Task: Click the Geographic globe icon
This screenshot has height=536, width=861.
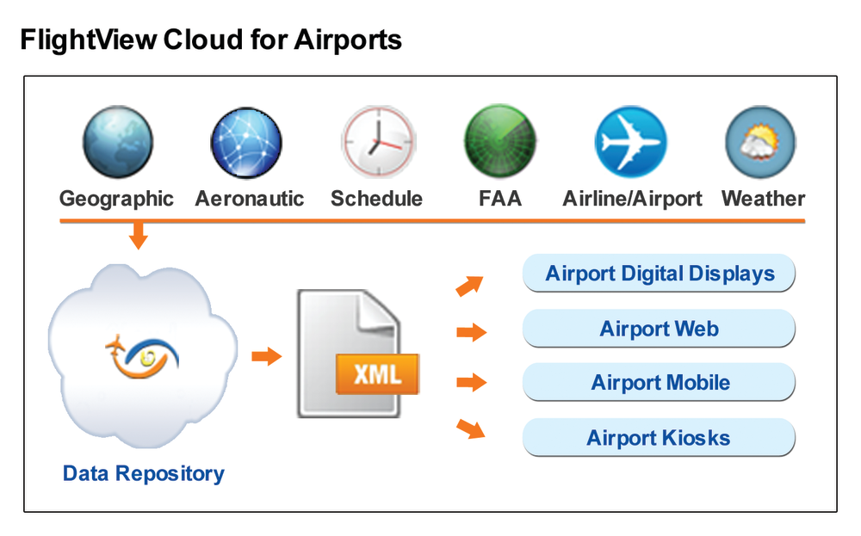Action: tap(117, 142)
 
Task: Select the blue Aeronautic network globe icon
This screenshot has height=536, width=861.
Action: tap(246, 142)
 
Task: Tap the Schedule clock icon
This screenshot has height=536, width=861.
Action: tap(378, 142)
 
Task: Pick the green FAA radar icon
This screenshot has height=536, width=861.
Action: tap(499, 141)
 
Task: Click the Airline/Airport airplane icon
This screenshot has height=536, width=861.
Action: tap(631, 142)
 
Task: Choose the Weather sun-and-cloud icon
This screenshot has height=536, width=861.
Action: tap(760, 142)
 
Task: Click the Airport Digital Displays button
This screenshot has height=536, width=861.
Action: tap(659, 274)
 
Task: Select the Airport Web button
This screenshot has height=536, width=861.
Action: tap(659, 329)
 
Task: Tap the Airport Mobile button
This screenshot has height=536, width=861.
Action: tap(659, 382)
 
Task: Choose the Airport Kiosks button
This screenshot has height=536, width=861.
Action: tap(659, 438)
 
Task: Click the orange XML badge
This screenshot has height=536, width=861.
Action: tap(377, 374)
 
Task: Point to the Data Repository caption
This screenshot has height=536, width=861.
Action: tap(143, 474)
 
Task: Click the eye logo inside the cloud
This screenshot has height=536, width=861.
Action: tap(142, 357)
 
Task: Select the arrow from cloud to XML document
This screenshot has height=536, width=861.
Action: tap(267, 356)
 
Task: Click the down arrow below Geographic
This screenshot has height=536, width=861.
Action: tap(139, 236)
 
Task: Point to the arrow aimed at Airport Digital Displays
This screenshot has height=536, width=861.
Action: tap(469, 286)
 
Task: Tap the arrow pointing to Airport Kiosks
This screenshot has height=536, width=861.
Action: tap(471, 428)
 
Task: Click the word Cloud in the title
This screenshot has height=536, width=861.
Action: tap(203, 40)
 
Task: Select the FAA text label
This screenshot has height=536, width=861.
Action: tap(499, 199)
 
